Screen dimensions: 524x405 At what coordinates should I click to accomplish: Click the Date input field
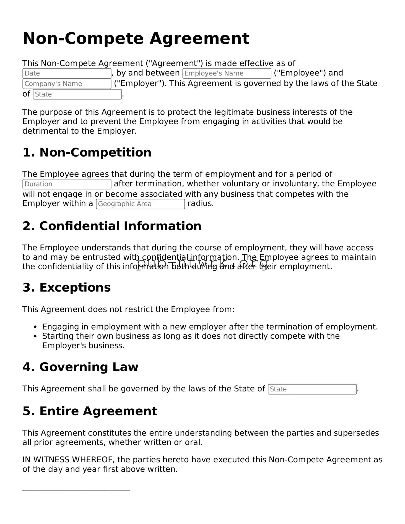point(67,73)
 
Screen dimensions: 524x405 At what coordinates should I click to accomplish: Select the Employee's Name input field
point(227,73)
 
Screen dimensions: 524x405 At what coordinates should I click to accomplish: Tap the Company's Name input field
point(67,84)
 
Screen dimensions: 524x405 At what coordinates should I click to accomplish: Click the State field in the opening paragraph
point(77,94)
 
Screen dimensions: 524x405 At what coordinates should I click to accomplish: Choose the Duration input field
point(67,184)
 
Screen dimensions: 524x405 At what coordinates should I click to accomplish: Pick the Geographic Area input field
point(140,204)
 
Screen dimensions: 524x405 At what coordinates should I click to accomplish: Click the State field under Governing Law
point(312,389)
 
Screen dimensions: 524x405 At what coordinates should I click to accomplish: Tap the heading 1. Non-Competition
point(87,152)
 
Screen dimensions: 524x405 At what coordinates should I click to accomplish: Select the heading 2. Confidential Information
point(112,226)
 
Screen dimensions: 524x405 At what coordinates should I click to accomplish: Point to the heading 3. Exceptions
point(66,287)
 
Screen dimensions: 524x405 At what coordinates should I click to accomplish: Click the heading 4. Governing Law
point(80,367)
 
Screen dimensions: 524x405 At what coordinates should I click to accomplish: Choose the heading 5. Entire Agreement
point(90,411)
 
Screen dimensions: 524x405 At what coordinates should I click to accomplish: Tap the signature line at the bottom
point(76,491)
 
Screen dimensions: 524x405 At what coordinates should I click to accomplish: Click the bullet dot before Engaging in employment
point(35,327)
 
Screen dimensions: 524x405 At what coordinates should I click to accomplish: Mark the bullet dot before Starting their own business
point(35,336)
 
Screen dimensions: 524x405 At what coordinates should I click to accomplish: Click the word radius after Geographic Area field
point(200,204)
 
